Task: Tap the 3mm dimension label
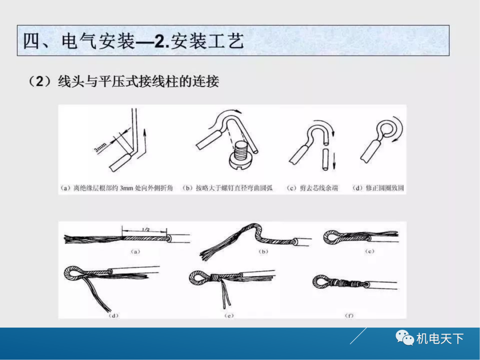pos(101,147)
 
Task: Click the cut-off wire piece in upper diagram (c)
pos(326,161)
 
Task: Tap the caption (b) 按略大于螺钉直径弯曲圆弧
pos(228,188)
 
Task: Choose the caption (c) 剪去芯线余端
pos(312,188)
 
